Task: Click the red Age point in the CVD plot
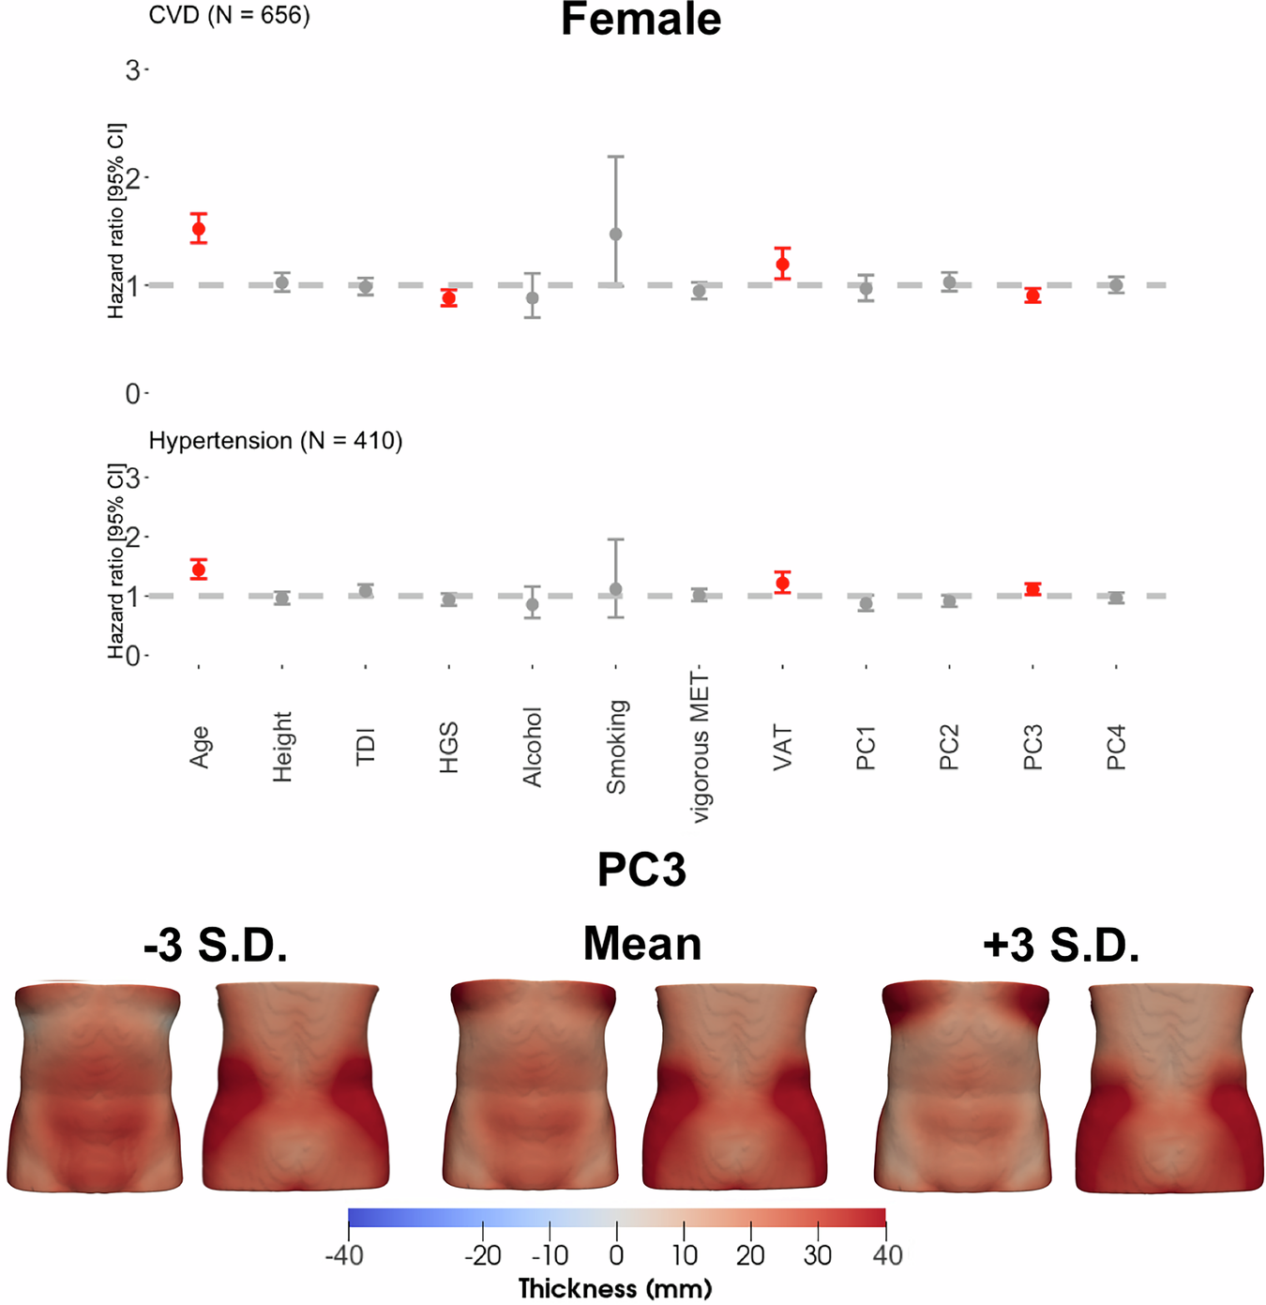click(x=199, y=229)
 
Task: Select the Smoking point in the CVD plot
click(x=616, y=234)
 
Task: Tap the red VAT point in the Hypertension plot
click(x=782, y=584)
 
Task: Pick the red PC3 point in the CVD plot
click(x=1032, y=296)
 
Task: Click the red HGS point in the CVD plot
click(x=449, y=298)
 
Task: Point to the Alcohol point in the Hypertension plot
click(x=533, y=605)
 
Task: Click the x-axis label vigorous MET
click(x=700, y=748)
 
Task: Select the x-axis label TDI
click(x=366, y=747)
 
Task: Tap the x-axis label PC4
click(x=1116, y=748)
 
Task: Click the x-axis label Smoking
click(x=616, y=748)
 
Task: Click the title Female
click(x=641, y=20)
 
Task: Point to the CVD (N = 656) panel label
click(x=229, y=15)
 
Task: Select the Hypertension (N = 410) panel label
click(x=276, y=441)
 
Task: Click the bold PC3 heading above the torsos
click(x=641, y=870)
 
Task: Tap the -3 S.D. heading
click(x=215, y=945)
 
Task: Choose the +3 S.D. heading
click(x=1061, y=945)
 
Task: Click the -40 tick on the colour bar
click(x=344, y=1255)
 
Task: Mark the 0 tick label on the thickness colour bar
click(x=616, y=1255)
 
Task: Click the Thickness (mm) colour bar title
click(x=615, y=1288)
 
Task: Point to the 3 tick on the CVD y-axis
click(x=132, y=70)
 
